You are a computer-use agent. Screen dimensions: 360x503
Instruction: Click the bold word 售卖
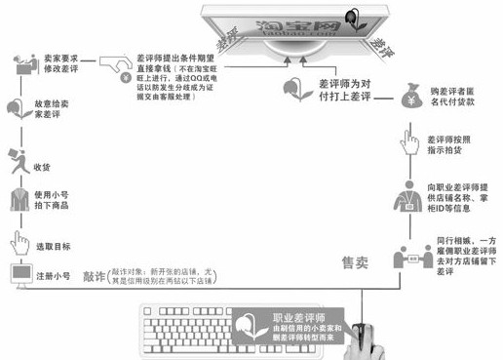[356, 262]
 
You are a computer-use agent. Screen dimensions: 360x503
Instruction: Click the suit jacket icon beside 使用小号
[19, 199]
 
